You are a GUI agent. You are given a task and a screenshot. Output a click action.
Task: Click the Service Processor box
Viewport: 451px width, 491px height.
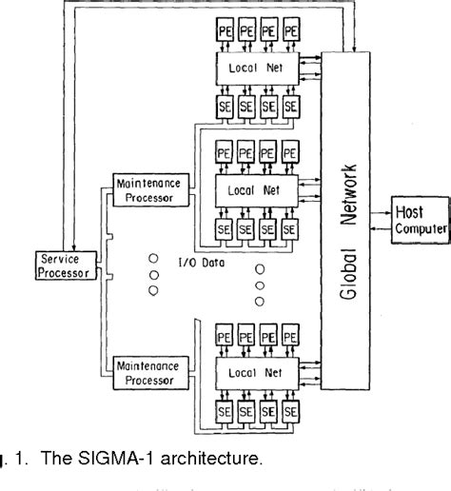(x=64, y=265)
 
